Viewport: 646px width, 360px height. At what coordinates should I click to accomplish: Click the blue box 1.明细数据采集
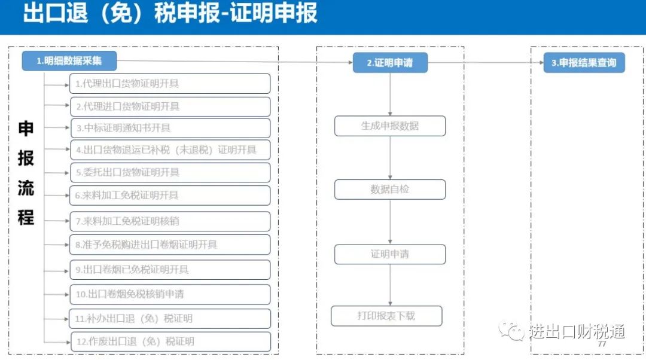69,61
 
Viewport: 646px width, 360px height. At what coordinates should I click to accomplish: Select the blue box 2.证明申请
390,63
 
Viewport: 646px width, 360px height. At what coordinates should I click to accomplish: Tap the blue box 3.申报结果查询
584,63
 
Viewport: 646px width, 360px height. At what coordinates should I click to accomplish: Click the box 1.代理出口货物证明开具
170,84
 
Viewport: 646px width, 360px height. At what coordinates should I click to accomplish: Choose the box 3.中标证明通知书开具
170,128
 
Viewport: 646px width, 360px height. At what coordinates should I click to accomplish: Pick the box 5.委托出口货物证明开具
170,172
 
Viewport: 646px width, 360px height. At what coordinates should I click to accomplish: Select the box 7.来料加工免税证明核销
170,221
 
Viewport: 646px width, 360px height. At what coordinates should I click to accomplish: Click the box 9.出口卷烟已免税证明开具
170,270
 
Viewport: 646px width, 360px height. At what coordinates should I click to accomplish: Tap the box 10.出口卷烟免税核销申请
170,294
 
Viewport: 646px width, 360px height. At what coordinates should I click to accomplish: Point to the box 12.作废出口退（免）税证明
170,341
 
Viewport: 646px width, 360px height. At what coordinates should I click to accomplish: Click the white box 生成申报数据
390,126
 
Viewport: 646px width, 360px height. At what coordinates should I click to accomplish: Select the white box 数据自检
390,190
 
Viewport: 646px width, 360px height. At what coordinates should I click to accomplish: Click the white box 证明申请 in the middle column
390,254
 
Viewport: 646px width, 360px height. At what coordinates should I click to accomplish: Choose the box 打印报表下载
386,316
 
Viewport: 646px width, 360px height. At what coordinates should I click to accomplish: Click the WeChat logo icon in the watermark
511,330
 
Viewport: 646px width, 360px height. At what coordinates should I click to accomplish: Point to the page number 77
602,344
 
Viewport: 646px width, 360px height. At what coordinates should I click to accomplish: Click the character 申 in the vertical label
26,129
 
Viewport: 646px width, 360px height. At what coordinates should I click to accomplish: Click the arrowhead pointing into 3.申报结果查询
541,63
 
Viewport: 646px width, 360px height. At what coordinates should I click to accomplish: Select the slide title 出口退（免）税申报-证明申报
170,13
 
